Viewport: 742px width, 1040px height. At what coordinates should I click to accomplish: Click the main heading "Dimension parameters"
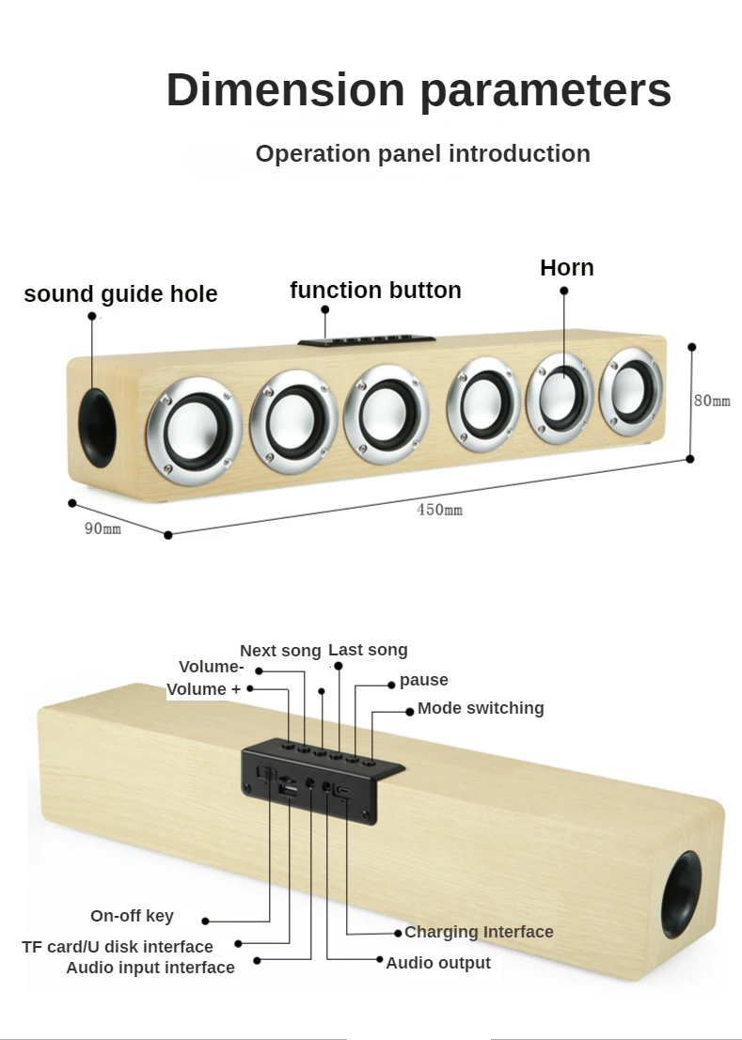(418, 90)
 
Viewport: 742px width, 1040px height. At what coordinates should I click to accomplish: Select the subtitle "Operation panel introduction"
(422, 153)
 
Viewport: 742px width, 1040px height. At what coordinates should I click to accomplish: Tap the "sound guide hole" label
(120, 294)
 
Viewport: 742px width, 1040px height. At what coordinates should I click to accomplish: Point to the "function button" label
(375, 290)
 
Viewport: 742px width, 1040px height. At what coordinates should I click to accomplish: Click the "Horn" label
(566, 268)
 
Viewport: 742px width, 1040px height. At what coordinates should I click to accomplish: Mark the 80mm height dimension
(712, 401)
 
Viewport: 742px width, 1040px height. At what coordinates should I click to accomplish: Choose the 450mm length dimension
(439, 510)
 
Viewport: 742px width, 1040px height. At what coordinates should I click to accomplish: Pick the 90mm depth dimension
(103, 528)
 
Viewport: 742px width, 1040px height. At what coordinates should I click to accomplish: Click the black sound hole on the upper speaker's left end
(97, 428)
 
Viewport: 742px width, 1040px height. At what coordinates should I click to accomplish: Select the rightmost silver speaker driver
(631, 386)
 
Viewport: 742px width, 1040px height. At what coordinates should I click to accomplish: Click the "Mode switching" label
(481, 708)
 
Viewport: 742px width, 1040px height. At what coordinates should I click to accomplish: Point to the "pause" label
(423, 680)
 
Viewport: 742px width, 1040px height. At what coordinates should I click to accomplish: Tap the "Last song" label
(368, 650)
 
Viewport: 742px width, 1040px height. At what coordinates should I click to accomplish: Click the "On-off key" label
(132, 916)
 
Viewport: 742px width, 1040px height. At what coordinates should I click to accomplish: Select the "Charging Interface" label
(479, 932)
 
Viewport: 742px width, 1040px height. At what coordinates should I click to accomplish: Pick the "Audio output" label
(438, 963)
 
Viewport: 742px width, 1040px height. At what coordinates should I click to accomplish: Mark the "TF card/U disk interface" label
(118, 947)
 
